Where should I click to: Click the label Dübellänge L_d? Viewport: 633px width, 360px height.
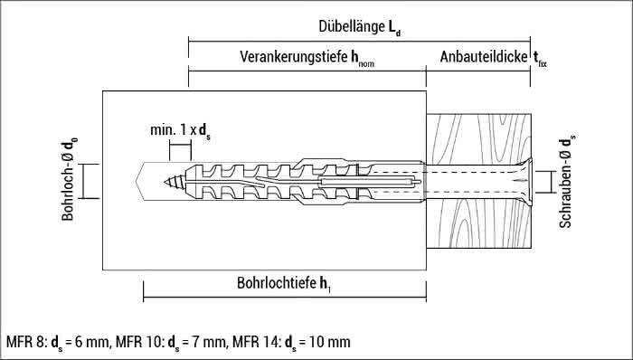359,28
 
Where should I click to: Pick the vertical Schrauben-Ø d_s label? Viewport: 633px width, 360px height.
567,181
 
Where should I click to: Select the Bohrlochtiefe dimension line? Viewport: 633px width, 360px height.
285,296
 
